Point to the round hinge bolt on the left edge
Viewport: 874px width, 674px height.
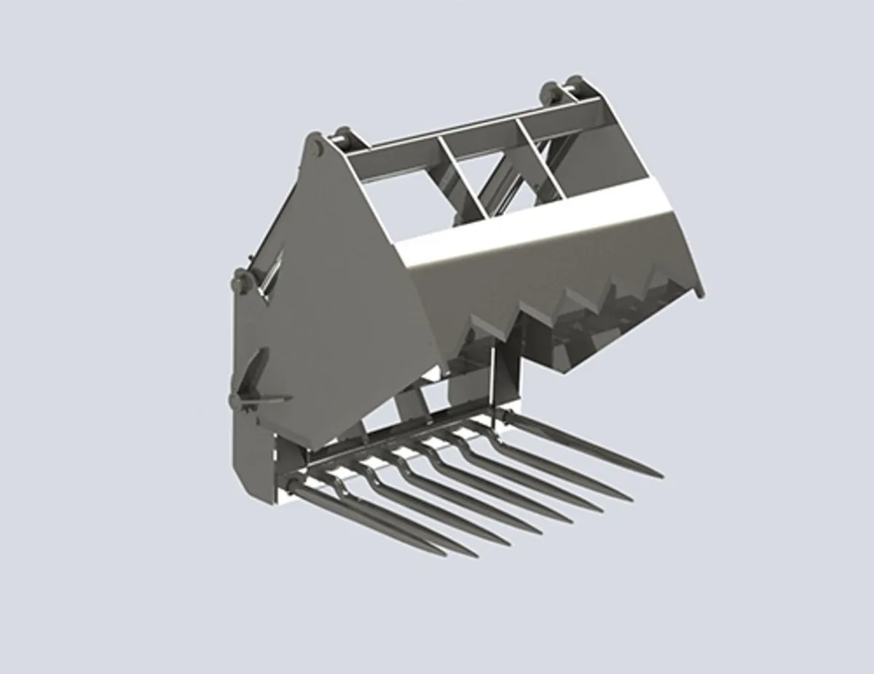pyautogui.click(x=240, y=279)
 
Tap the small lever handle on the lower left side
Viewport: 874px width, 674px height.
pyautogui.click(x=262, y=400)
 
